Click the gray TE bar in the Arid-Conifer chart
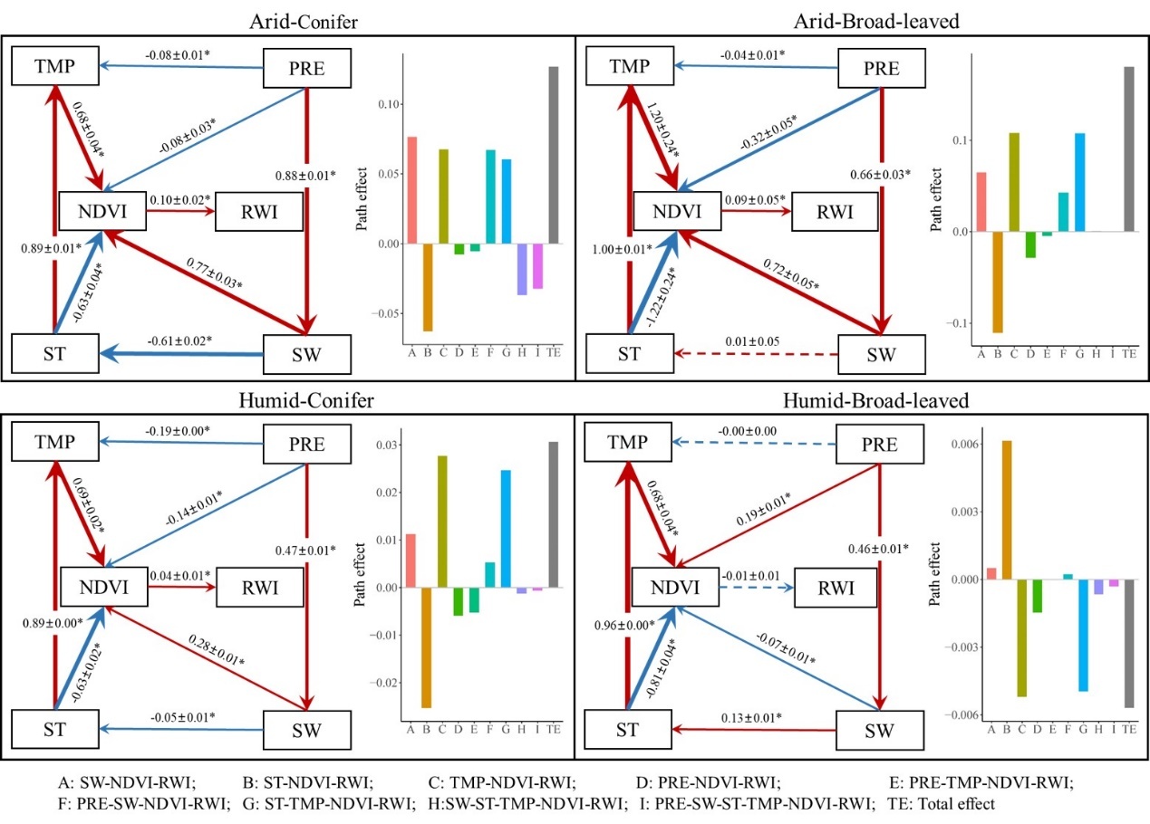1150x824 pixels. (554, 155)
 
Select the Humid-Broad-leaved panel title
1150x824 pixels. (864, 399)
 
